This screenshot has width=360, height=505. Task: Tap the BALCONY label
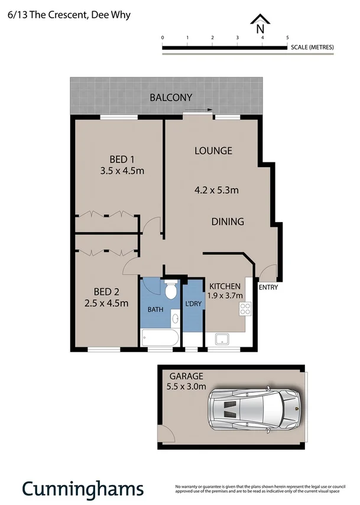(x=170, y=97)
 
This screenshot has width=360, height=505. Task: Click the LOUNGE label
(x=213, y=151)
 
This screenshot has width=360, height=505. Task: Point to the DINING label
(x=228, y=222)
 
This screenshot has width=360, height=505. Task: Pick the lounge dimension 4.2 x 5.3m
(x=216, y=190)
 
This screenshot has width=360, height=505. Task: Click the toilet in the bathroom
(x=171, y=290)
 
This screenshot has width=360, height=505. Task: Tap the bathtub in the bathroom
(x=160, y=339)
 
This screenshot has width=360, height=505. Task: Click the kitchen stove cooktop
(x=245, y=308)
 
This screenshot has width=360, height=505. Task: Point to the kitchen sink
(x=223, y=339)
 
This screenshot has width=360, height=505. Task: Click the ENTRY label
(x=268, y=288)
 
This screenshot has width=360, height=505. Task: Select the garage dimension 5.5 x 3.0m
(x=187, y=387)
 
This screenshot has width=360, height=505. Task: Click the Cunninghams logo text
(x=83, y=488)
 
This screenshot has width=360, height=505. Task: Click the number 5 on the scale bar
(x=287, y=38)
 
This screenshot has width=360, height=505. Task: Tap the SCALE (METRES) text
(x=312, y=47)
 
